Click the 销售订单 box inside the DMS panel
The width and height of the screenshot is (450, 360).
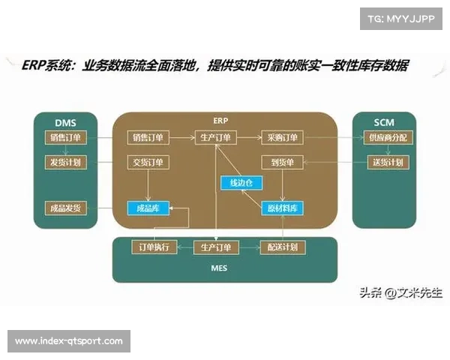click(65, 138)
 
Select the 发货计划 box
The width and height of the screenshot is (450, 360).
click(65, 162)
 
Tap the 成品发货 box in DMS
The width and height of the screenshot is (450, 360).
click(65, 208)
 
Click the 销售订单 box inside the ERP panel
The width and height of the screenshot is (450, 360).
click(150, 138)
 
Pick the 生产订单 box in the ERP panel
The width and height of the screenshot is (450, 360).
click(216, 138)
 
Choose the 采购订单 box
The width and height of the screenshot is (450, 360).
click(282, 138)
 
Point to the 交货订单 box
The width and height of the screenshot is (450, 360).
click(150, 162)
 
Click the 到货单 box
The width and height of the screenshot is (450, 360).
click(282, 162)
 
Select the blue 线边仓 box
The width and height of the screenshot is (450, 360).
click(237, 183)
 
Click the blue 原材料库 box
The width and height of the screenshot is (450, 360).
click(282, 208)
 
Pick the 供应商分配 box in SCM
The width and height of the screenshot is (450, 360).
click(384, 138)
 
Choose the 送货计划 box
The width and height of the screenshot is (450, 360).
click(384, 162)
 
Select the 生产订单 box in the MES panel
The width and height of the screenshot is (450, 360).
click(216, 247)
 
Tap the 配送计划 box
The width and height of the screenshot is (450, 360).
click(282, 247)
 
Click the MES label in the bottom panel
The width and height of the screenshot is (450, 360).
click(218, 268)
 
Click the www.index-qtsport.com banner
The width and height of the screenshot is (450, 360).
click(69, 341)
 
